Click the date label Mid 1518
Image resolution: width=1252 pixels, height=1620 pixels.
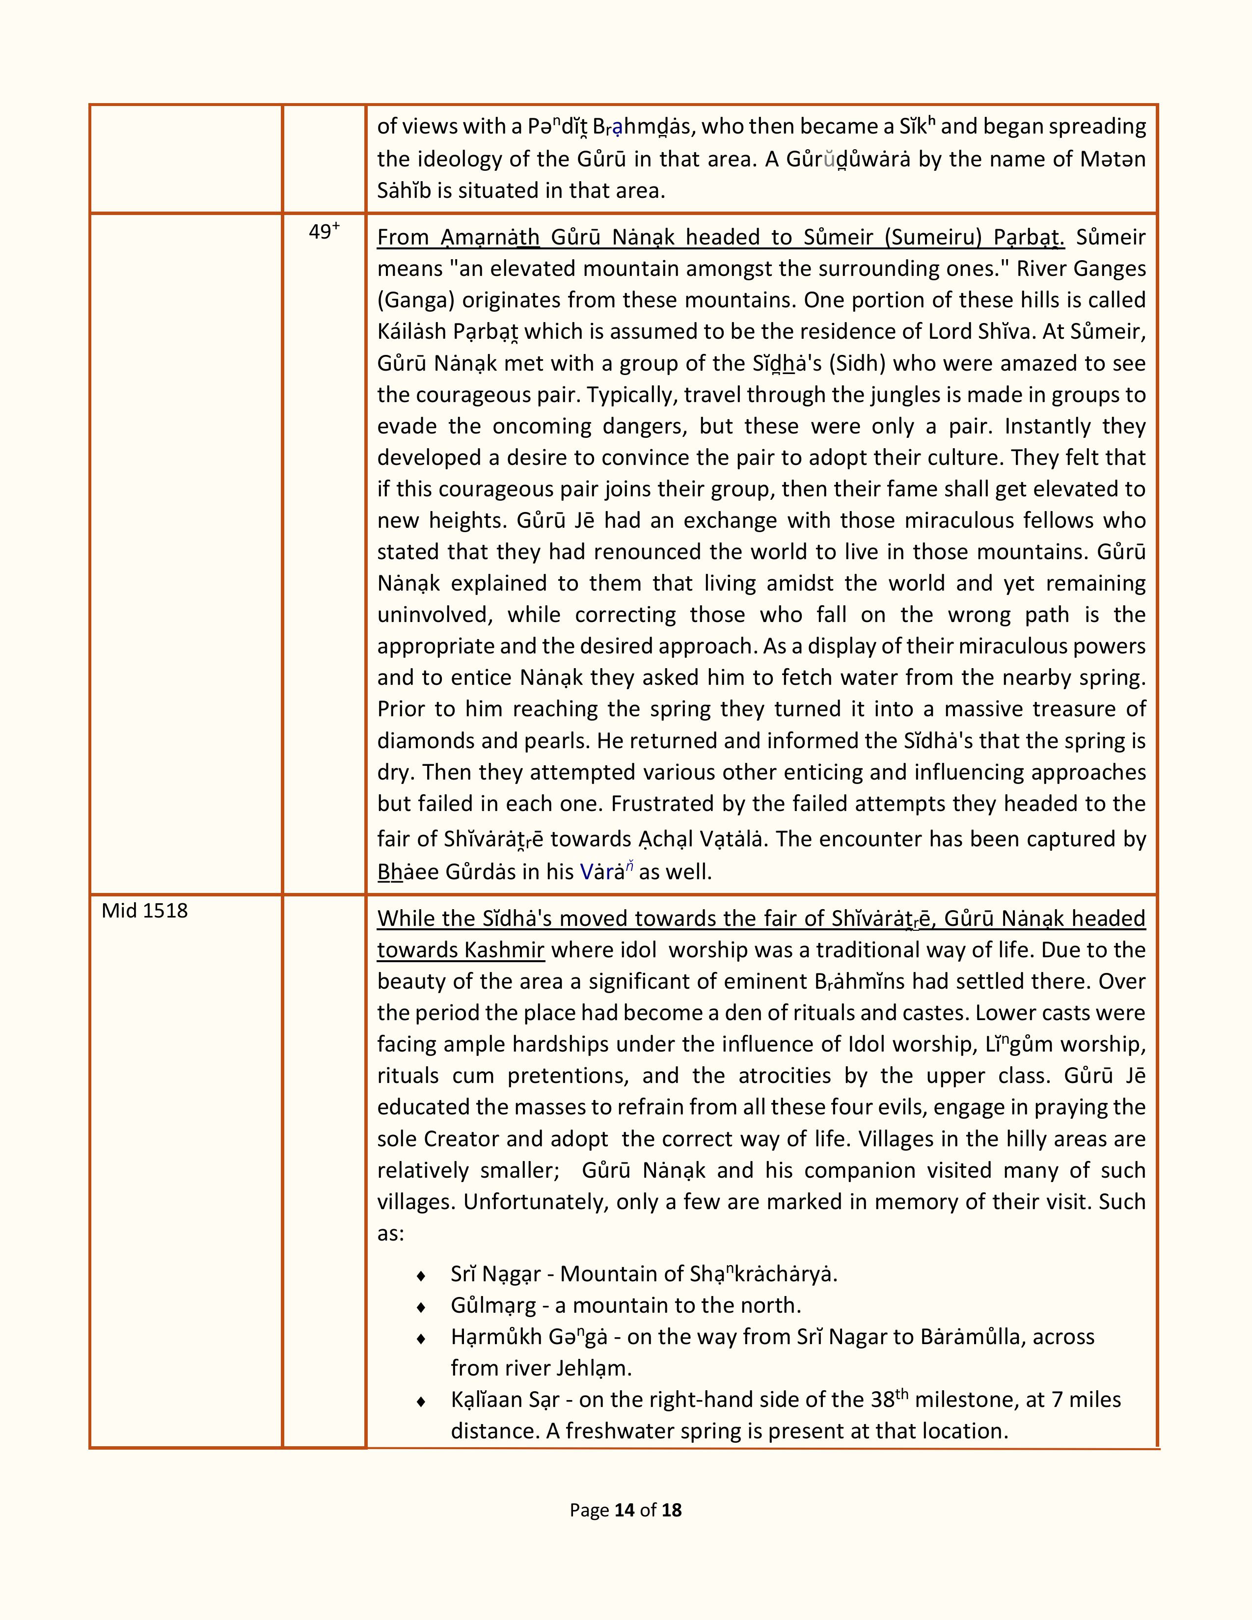pyautogui.click(x=145, y=911)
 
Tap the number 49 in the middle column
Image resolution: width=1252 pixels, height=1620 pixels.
pyautogui.click(x=320, y=232)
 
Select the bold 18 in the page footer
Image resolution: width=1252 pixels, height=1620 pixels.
pyautogui.click(x=671, y=1510)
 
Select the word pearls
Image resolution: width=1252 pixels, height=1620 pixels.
pyautogui.click(x=549, y=741)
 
